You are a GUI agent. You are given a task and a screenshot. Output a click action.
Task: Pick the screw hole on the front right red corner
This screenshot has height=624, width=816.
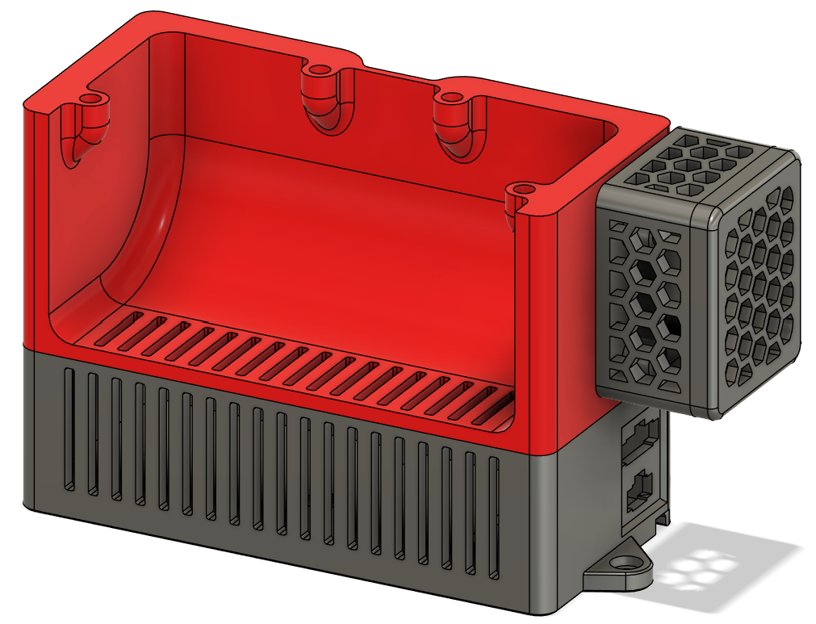[525, 188]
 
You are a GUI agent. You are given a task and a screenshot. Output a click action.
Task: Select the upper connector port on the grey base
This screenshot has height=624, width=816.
[641, 437]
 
